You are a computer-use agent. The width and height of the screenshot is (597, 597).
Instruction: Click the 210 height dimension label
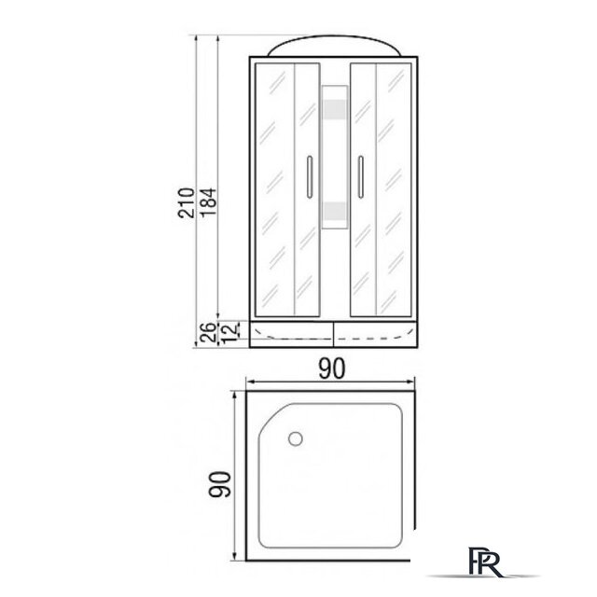[187, 202]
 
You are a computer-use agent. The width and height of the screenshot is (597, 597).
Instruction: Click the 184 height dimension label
[209, 202]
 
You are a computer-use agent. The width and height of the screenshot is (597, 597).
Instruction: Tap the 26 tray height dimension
[208, 332]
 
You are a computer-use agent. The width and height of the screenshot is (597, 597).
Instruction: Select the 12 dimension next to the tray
[229, 332]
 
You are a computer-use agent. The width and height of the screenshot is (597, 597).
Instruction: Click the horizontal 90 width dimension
[332, 368]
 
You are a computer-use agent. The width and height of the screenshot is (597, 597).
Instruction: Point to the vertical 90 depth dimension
[220, 484]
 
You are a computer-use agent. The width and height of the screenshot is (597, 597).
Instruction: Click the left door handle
[310, 176]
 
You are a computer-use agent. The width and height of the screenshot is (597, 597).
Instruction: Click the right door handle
[361, 176]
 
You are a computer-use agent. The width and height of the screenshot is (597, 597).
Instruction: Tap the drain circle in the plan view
[296, 438]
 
